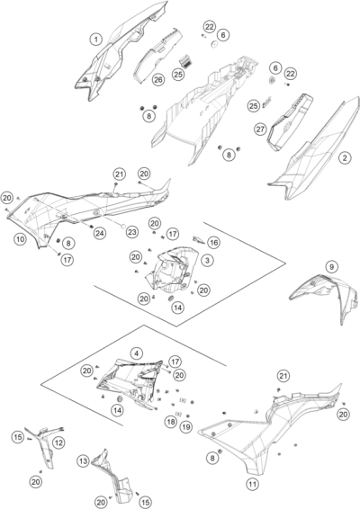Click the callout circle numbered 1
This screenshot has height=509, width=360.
tap(95, 40)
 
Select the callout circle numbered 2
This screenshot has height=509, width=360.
tap(345, 157)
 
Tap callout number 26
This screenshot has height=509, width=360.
tap(158, 79)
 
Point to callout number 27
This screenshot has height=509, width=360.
tap(260, 129)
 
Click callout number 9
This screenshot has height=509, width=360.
tap(331, 267)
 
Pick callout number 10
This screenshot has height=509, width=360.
tap(20, 239)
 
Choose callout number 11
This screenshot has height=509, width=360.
tap(253, 485)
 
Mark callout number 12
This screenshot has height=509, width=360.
tap(58, 442)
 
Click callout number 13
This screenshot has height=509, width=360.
tap(84, 461)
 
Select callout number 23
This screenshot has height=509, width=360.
tap(132, 232)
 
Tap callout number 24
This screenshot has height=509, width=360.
tap(100, 233)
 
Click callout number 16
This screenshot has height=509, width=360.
tap(213, 242)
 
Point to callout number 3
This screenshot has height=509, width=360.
tap(207, 260)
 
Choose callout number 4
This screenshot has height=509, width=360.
tap(137, 353)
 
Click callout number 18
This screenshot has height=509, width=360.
tap(171, 422)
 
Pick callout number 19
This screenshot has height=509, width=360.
tap(185, 426)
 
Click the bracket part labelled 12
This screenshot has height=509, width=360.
tap(46, 446)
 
